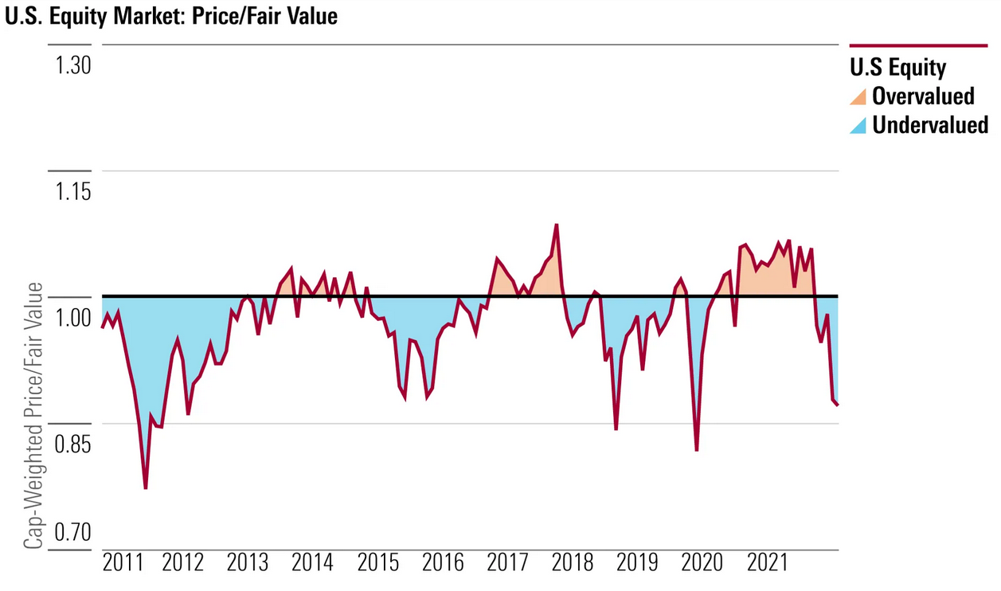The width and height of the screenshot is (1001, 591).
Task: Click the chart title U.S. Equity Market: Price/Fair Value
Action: [x=171, y=16]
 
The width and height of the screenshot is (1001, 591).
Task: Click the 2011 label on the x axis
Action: [x=123, y=563]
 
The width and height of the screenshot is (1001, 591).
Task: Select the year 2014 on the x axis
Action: [x=312, y=563]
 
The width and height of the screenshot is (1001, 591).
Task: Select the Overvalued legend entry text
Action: [x=923, y=96]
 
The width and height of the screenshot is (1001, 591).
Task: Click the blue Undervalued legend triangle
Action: [x=858, y=125]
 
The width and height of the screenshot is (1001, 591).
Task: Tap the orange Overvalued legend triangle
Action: [x=858, y=96]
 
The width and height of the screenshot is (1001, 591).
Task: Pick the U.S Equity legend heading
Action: [x=897, y=67]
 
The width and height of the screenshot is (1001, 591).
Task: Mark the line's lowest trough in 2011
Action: [x=146, y=487]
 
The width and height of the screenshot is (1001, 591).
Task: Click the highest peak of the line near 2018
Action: [x=556, y=225]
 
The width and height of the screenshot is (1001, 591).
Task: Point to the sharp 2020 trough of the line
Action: [x=697, y=450]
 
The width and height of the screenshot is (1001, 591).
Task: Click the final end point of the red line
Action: [x=839, y=405]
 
